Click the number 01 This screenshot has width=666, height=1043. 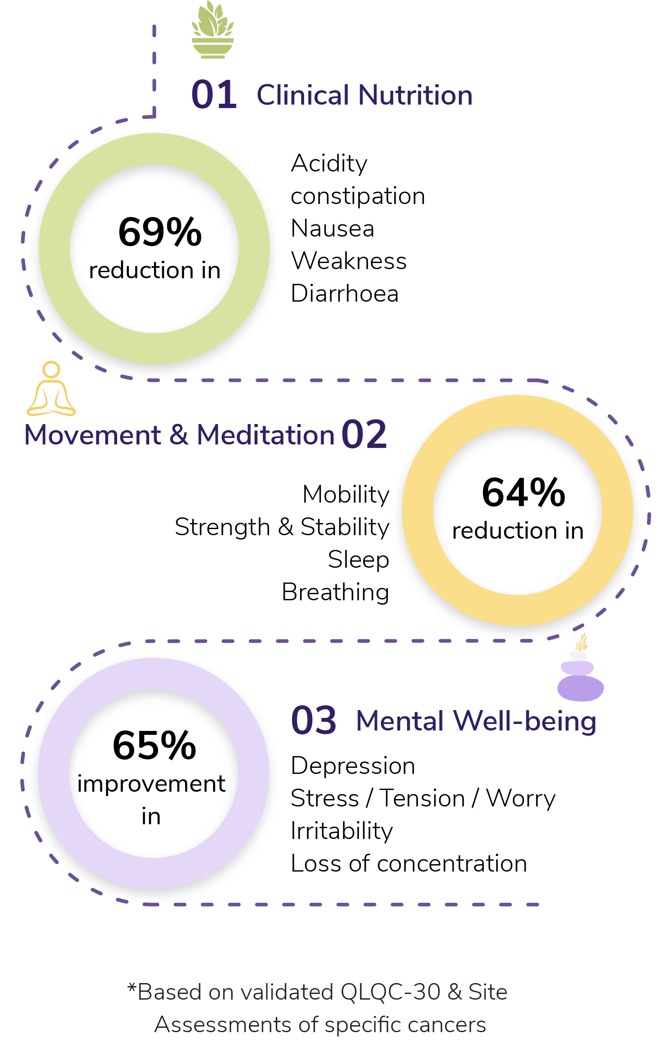tap(214, 95)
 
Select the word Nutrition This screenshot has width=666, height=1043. tap(415, 95)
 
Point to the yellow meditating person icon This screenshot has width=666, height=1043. tap(51, 389)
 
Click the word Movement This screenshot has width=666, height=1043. tap(93, 435)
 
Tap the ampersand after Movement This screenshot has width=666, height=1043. tap(179, 435)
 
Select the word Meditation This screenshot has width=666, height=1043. tap(266, 435)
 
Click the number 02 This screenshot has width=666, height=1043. tap(364, 435)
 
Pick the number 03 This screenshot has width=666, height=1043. tap(313, 721)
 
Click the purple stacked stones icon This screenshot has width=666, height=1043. tap(580, 671)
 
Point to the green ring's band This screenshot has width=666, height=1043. tap(54, 249)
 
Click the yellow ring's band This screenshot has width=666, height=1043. tap(417, 511)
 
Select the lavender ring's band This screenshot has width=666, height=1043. tap(53, 774)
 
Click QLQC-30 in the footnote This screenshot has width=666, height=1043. tap(390, 992)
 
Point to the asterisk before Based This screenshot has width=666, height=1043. tap(131, 987)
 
